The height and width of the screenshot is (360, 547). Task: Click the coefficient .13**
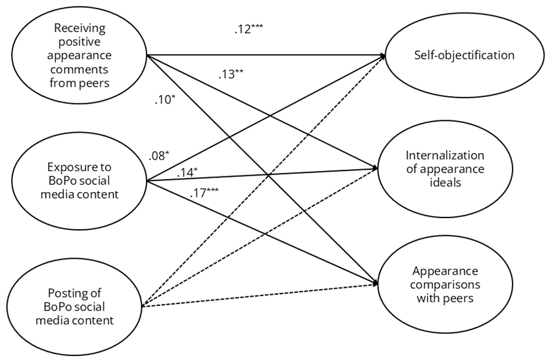click(231, 74)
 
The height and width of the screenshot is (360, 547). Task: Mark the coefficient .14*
click(187, 173)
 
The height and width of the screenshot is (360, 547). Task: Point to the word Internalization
click(445, 156)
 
